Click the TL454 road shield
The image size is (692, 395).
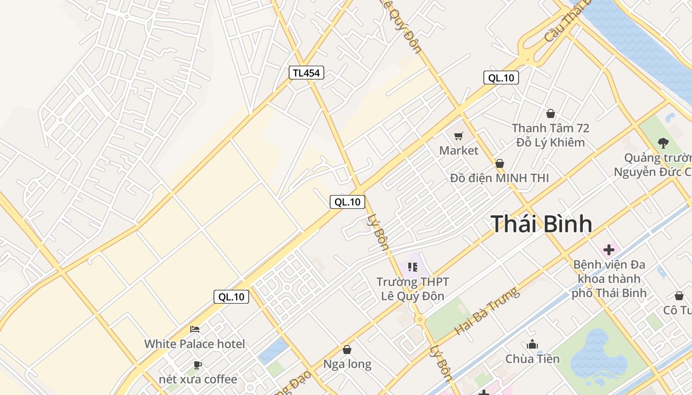point(306,73)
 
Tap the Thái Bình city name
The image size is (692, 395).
point(541,224)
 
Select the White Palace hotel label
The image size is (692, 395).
point(194,344)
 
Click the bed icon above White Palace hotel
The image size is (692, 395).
point(195,329)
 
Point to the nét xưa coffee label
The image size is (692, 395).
point(198,379)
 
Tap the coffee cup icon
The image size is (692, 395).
point(198,365)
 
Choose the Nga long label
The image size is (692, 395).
point(347,364)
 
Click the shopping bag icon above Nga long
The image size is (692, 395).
point(347,350)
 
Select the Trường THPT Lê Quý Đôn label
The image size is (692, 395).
point(413,289)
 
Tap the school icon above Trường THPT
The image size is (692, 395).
point(413,268)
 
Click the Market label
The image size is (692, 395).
point(459,151)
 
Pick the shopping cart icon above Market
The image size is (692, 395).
point(459,136)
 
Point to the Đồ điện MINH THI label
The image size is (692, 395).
point(499,178)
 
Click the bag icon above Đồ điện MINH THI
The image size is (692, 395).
point(500,163)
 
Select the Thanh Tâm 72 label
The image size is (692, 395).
point(550,128)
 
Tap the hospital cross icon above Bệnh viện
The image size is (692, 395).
point(609,250)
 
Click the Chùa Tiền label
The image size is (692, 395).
point(532,359)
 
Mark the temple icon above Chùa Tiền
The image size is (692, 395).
point(532,344)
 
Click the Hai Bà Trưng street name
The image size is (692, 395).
point(487,311)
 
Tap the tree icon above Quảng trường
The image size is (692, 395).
point(663,143)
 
